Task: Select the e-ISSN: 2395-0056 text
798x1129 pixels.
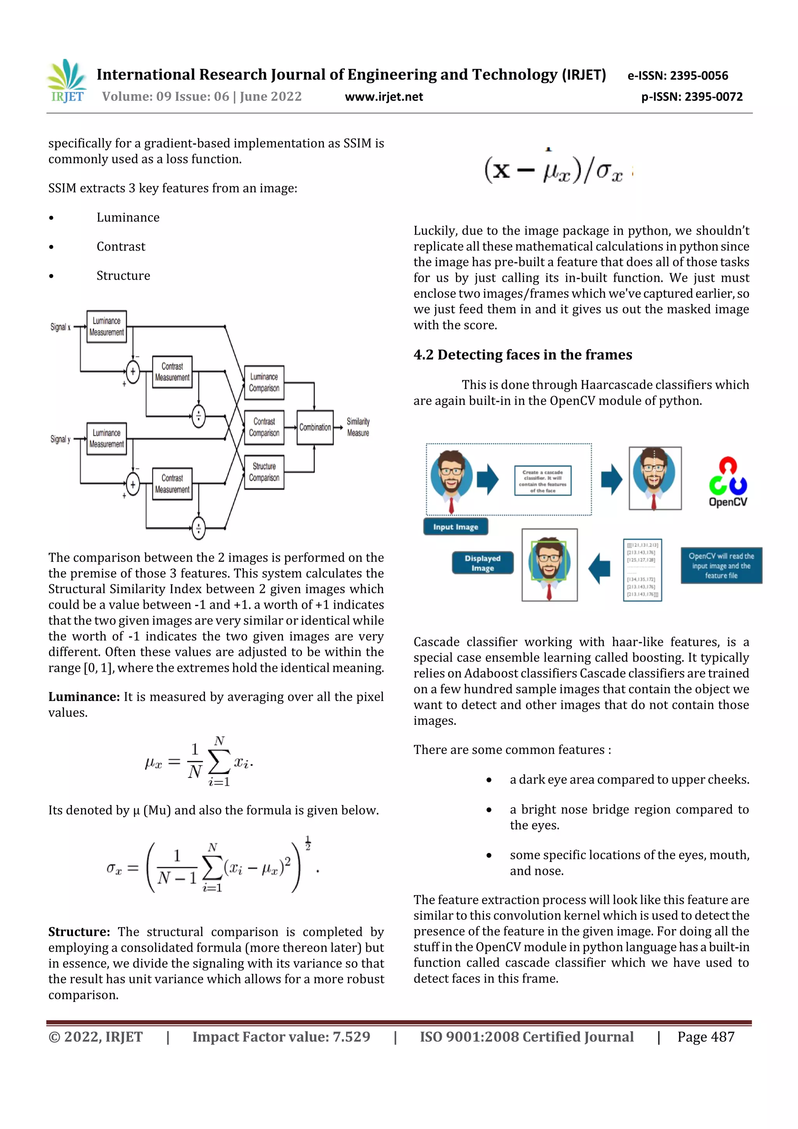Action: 678,76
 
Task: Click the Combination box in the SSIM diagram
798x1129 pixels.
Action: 315,427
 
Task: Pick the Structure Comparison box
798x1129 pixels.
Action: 264,472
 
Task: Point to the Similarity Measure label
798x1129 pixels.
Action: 358,427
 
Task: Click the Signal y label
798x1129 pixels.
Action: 60,439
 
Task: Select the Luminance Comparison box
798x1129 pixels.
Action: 264,382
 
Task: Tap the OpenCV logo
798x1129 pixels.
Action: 728,482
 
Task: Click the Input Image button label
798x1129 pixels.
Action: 455,527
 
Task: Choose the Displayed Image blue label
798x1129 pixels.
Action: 482,563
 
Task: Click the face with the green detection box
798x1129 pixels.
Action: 549,564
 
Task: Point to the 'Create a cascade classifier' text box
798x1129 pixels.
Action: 542,481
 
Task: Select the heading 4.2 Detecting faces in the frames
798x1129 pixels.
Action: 522,355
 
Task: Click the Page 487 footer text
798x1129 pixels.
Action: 706,1037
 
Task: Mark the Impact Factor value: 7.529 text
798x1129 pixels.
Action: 281,1037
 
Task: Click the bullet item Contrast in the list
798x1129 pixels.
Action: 121,246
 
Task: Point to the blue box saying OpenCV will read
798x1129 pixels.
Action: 721,565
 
